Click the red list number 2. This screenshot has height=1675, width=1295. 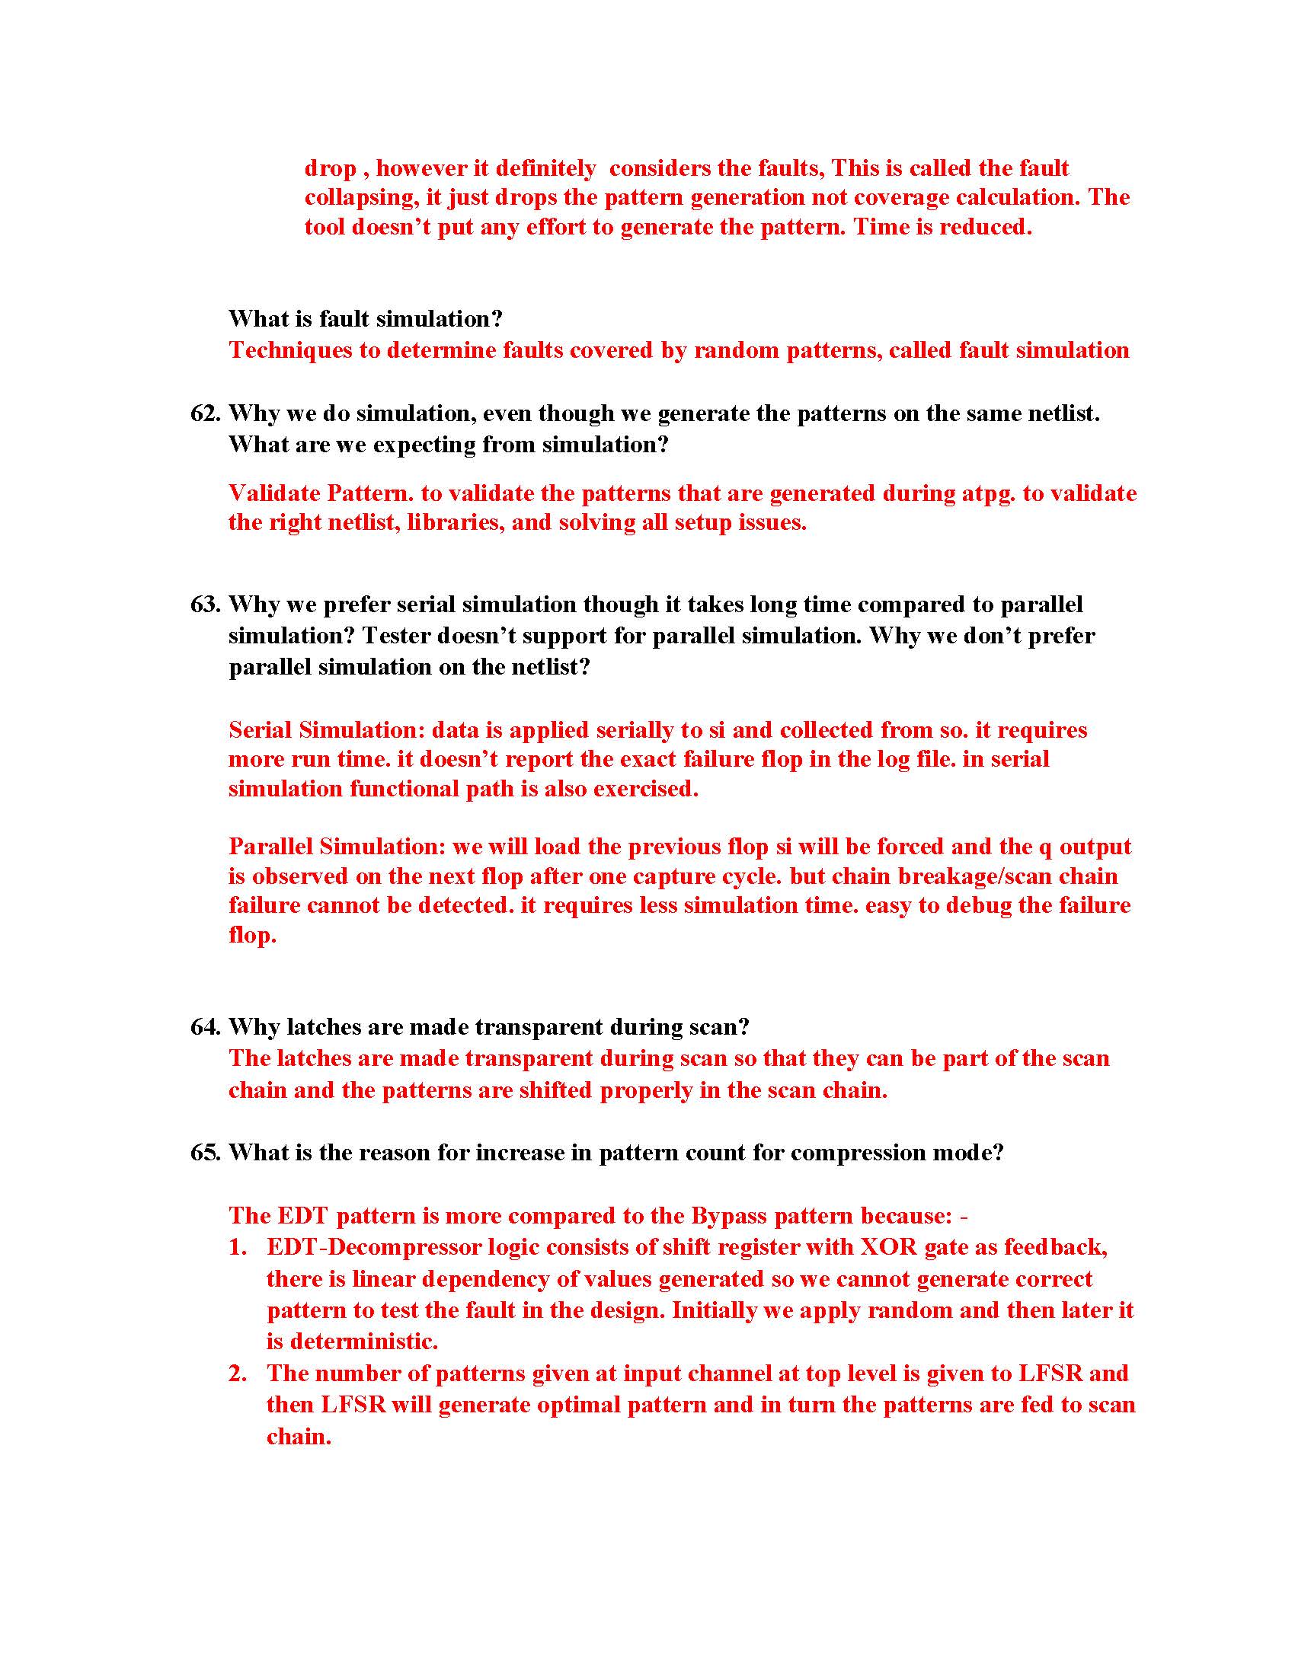coord(238,1373)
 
